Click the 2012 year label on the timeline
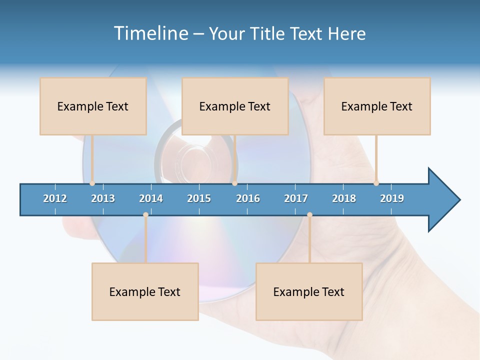(x=55, y=198)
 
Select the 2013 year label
(x=103, y=198)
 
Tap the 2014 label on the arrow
(x=151, y=198)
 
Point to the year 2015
(x=199, y=198)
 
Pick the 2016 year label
(x=248, y=198)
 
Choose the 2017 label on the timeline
(x=296, y=198)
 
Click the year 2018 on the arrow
(x=344, y=198)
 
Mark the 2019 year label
(x=392, y=198)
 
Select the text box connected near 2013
(x=93, y=106)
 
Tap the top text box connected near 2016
(x=235, y=106)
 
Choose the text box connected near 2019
(x=377, y=106)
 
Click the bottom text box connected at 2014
(x=145, y=291)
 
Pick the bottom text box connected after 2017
(x=309, y=291)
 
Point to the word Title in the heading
(x=269, y=33)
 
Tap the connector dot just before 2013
(x=92, y=183)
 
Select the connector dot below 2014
(x=145, y=215)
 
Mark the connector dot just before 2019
(x=376, y=183)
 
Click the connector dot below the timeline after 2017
(x=309, y=215)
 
